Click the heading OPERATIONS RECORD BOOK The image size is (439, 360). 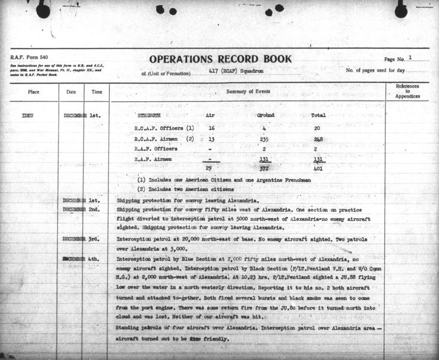220,59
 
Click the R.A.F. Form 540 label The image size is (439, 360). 30,57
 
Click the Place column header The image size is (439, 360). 33,92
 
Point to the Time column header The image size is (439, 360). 96,92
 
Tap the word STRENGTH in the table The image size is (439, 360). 149,116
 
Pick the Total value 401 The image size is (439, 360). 318,169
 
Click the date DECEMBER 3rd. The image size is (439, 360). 82,239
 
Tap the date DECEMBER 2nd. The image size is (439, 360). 82,209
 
